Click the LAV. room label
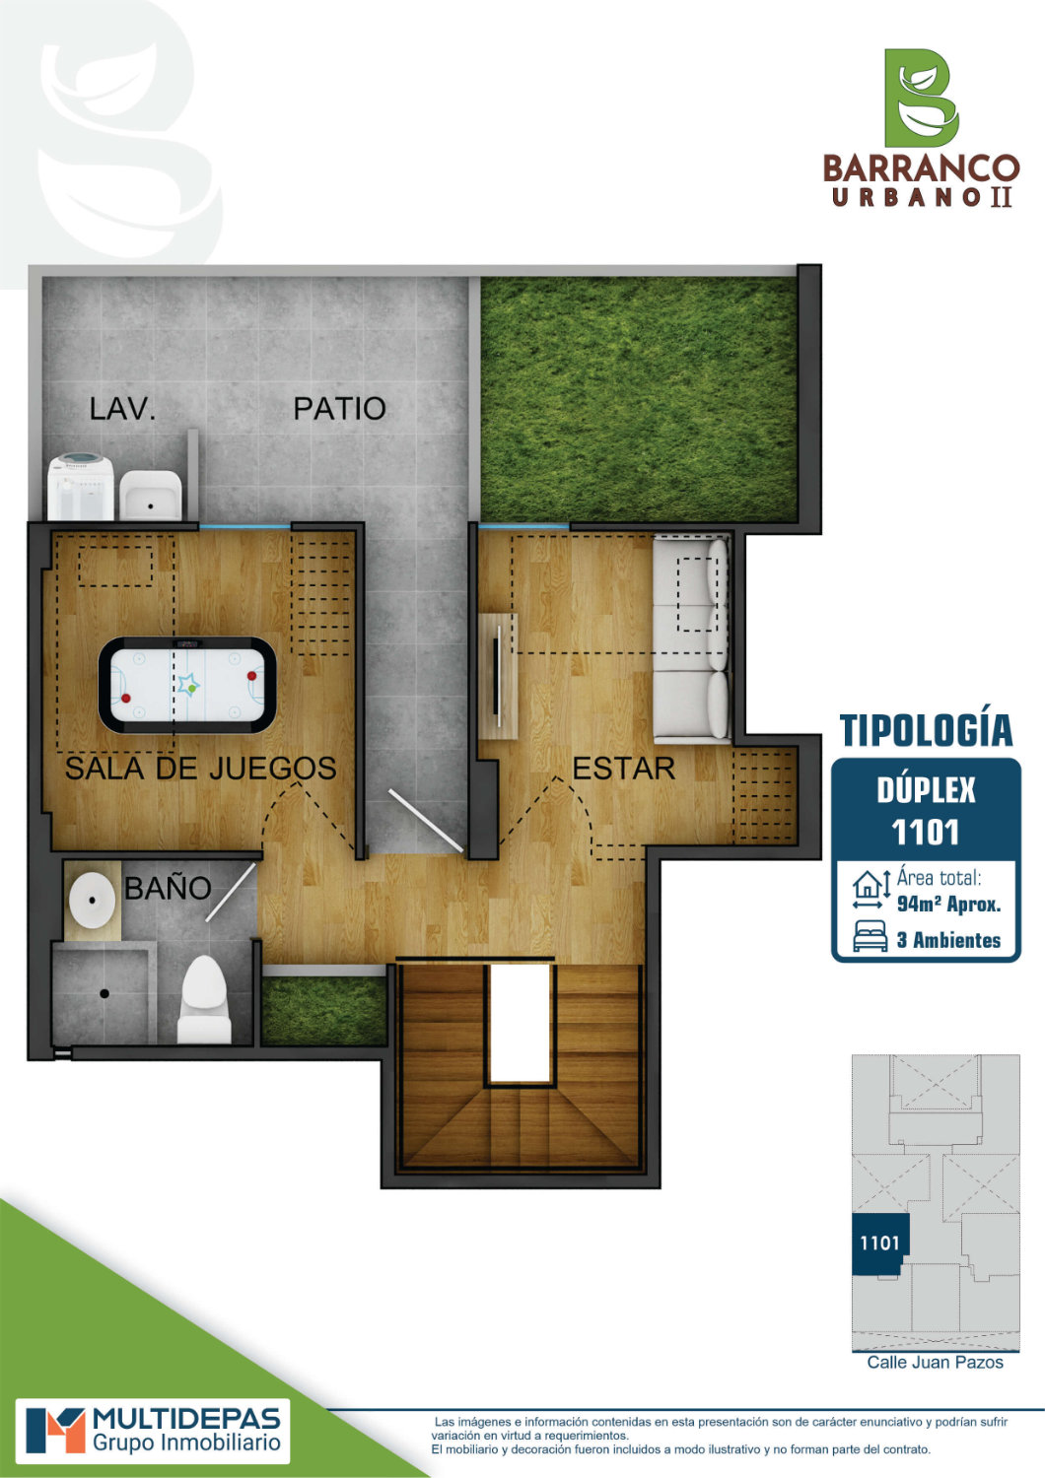[123, 409]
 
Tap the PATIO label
[339, 409]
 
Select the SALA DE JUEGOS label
[201, 768]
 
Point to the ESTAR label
[623, 769]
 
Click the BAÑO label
[168, 888]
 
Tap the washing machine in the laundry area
[81, 487]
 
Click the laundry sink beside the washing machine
[151, 495]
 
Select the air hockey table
[187, 686]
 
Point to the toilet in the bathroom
[204, 1000]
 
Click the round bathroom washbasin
[92, 901]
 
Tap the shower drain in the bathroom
[104, 992]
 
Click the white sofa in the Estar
[691, 638]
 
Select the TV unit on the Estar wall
[499, 676]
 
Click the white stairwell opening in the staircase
[520, 1024]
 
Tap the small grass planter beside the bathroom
[323, 1011]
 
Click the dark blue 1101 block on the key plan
[880, 1243]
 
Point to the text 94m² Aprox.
[948, 904]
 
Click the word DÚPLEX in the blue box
[926, 790]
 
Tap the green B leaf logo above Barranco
[921, 98]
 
